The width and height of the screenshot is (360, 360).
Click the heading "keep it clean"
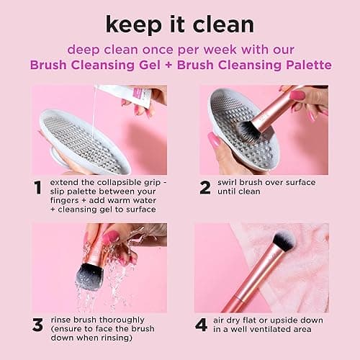click(x=180, y=23)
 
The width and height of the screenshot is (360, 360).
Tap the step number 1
click(x=37, y=188)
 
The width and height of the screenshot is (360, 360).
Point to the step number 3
click(x=37, y=325)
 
